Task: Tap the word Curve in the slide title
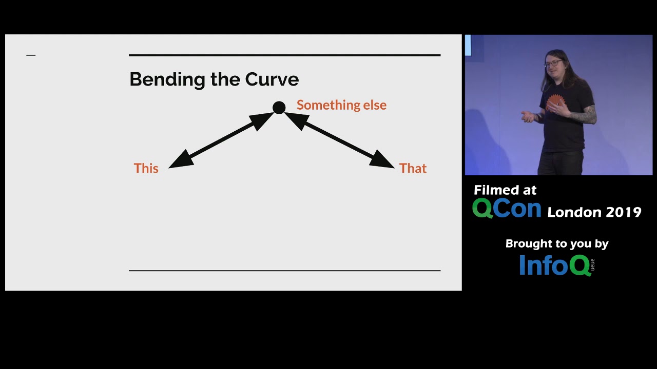(272, 79)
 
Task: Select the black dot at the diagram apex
(279, 108)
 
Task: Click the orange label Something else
(341, 105)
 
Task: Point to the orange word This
(146, 169)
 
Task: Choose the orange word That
(413, 169)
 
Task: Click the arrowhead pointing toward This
(180, 160)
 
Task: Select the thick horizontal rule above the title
(284, 55)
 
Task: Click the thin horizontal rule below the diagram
(284, 270)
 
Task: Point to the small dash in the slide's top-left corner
(31, 55)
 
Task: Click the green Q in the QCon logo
(482, 209)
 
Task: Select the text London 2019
(594, 212)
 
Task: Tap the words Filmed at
(505, 190)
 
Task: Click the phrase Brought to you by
(557, 244)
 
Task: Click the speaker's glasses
(552, 64)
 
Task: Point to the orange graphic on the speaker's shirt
(554, 102)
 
